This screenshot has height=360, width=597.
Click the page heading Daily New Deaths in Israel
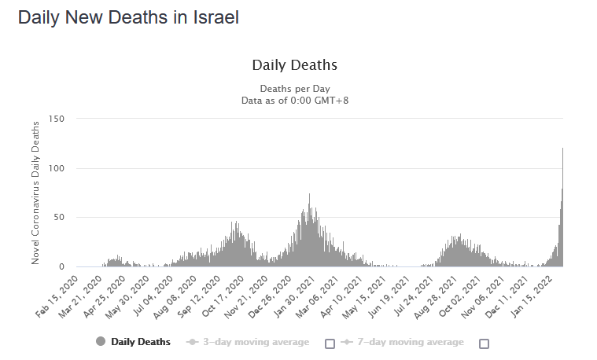point(128,17)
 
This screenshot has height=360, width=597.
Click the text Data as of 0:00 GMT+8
point(294,100)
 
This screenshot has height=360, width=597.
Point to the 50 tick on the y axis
point(57,217)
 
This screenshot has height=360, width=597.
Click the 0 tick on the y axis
point(61,266)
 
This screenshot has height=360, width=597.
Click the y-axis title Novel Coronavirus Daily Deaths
point(35,193)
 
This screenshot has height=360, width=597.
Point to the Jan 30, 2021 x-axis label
point(295,295)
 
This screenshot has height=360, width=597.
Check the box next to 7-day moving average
point(484,343)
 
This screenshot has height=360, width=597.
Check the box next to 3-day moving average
point(330,343)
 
